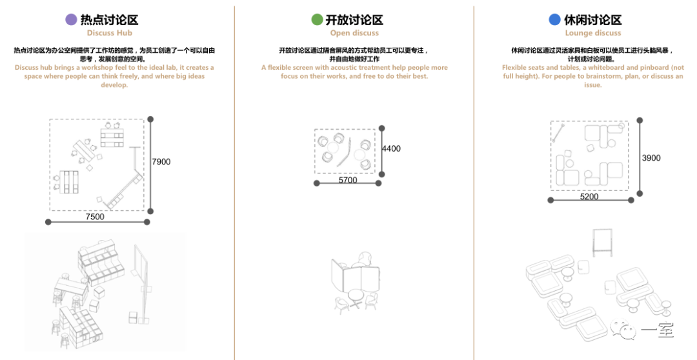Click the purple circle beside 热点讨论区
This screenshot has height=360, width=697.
click(71, 19)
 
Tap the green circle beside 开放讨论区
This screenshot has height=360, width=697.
click(317, 19)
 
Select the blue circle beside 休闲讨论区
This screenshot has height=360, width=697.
click(555, 19)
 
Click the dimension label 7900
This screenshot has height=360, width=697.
click(161, 162)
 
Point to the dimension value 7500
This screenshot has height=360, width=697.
click(95, 216)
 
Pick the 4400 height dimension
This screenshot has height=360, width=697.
click(391, 148)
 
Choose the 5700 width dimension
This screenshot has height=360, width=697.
click(348, 180)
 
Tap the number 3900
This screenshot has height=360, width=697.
click(651, 158)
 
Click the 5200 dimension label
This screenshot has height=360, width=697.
click(589, 196)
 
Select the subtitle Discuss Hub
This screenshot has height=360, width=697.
click(109, 33)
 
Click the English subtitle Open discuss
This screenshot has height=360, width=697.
click(354, 33)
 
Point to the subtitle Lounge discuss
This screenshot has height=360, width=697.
click(593, 33)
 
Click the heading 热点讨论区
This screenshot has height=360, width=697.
click(109, 19)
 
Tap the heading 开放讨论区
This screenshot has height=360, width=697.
click(354, 19)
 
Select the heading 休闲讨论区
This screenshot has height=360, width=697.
click(593, 19)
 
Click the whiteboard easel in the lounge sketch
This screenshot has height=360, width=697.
click(602, 243)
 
